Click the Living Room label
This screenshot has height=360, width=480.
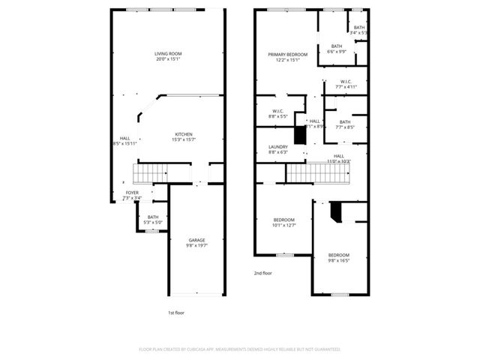click(169, 53)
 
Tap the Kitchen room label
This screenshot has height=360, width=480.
click(184, 134)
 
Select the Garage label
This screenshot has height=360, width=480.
click(196, 240)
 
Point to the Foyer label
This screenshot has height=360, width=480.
click(131, 193)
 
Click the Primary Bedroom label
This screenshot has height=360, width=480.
click(289, 55)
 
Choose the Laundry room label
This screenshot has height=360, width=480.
click(277, 147)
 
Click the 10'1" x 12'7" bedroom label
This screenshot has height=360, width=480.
click(284, 219)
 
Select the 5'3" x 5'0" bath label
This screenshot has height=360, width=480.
click(153, 217)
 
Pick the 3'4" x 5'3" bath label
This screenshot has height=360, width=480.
click(360, 28)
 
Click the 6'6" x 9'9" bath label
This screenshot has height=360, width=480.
click(337, 46)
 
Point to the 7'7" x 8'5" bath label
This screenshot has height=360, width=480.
click(345, 122)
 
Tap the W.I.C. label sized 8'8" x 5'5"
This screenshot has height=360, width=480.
click(277, 112)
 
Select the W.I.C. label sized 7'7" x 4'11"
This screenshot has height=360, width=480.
click(346, 82)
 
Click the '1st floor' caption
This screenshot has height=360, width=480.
click(177, 311)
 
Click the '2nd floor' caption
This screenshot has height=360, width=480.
click(262, 273)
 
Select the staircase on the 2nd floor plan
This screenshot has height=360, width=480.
click(319, 174)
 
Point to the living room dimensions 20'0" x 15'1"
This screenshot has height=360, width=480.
click(169, 59)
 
